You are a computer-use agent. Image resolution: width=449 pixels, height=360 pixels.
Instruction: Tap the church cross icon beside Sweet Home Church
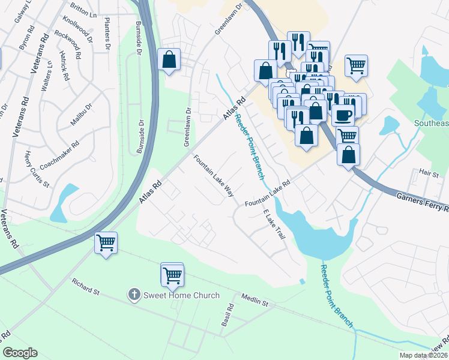point(134,295)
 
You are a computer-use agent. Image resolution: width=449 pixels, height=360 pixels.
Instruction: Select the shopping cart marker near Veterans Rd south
point(106,243)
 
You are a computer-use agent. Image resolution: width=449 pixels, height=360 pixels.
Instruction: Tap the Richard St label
point(85,287)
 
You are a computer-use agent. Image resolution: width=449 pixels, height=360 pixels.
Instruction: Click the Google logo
point(20,353)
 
